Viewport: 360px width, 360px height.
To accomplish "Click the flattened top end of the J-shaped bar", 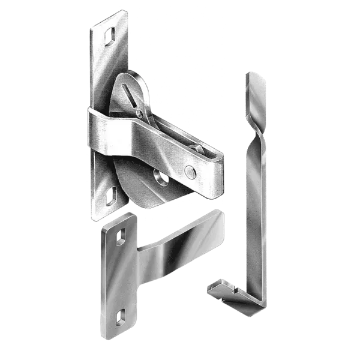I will pos(257,81).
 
